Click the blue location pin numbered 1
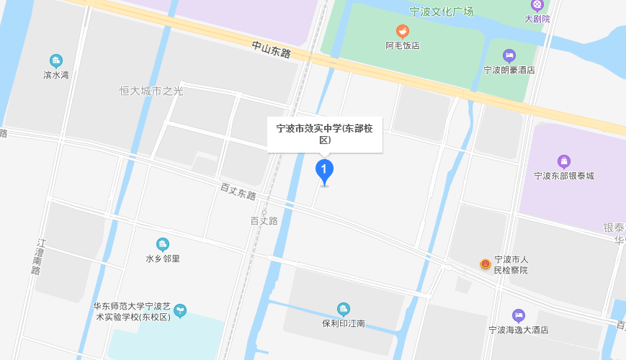(325, 171)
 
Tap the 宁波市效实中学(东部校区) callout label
(325, 135)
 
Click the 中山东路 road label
(271, 49)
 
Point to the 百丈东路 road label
(238, 192)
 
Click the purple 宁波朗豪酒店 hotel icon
(509, 55)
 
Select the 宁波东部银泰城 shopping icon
(564, 161)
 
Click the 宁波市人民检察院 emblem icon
(486, 264)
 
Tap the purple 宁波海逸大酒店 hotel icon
(519, 315)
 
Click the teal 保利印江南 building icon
(344, 309)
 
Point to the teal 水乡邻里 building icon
(163, 244)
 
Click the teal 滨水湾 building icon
(56, 60)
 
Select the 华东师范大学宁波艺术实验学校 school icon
(180, 310)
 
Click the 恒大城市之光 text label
(151, 91)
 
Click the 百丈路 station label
(264, 221)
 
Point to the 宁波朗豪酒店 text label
(509, 70)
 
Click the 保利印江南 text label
(344, 323)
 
